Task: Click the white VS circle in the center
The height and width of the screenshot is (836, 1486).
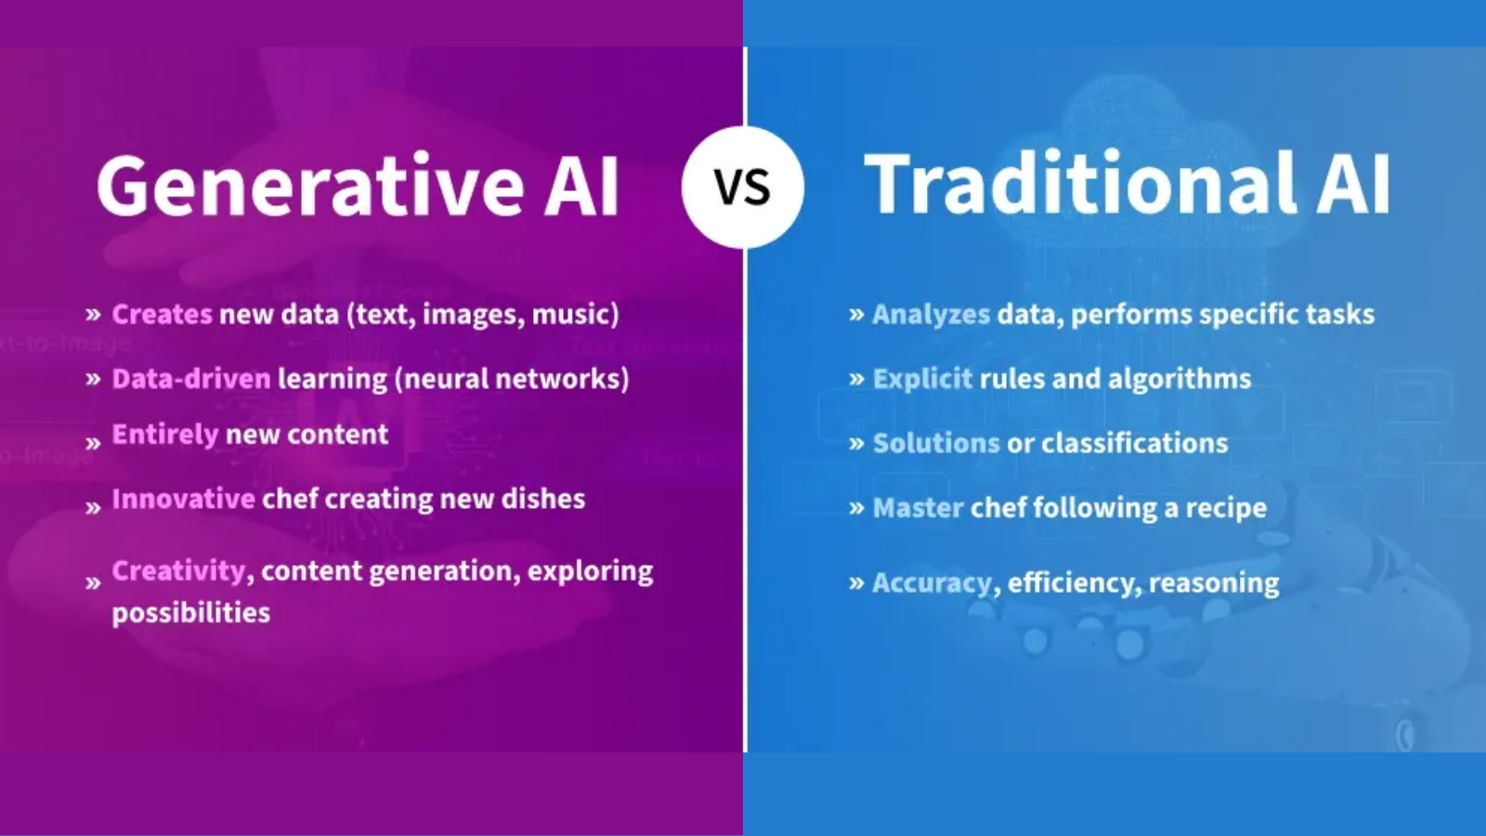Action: point(743,187)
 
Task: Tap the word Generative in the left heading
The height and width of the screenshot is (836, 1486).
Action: point(310,185)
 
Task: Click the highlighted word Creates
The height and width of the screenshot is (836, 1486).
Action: point(162,314)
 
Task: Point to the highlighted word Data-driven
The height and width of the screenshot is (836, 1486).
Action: point(191,378)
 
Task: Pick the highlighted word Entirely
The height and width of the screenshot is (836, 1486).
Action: point(165,436)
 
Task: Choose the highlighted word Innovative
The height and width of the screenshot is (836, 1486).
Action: point(183,499)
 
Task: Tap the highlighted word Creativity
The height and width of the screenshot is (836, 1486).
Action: point(178,571)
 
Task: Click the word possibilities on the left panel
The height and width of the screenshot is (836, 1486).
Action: point(191,613)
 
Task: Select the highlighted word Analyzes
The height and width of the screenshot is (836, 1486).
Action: point(931,315)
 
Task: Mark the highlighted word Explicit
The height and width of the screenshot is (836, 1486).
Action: point(923,380)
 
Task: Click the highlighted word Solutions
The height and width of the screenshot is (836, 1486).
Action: point(936,443)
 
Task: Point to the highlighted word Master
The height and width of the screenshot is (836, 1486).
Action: point(919,508)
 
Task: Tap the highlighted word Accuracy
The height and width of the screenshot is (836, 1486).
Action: point(932,583)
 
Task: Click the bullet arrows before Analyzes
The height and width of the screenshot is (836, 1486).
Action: point(856,314)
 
